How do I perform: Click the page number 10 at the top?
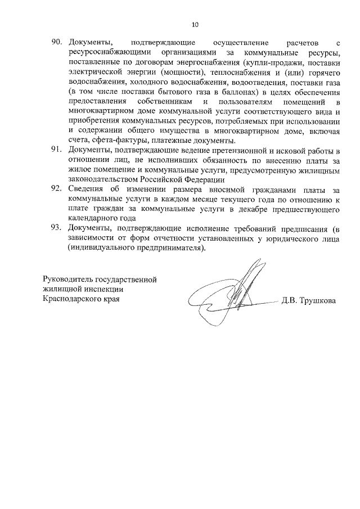click(x=195, y=25)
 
